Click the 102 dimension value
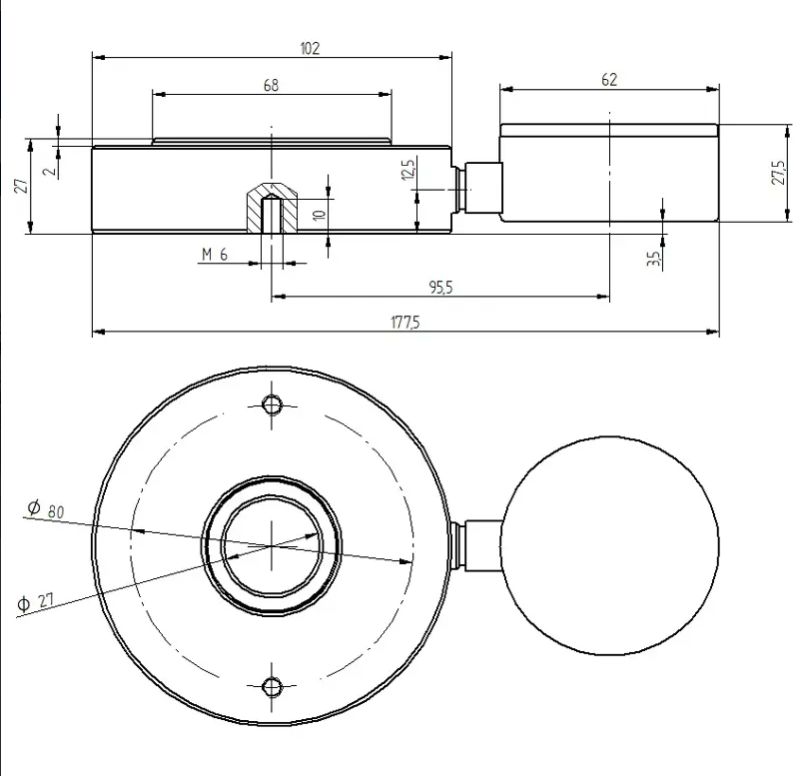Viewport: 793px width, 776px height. tap(310, 49)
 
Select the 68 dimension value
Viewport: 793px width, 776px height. tap(271, 85)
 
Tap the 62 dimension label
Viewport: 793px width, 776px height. tap(609, 80)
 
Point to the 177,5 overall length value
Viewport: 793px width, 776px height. tap(405, 323)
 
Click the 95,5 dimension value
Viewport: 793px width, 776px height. tap(441, 288)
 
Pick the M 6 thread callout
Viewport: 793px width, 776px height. tap(215, 254)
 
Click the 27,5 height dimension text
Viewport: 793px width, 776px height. tap(779, 172)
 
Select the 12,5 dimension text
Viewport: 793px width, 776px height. tap(408, 170)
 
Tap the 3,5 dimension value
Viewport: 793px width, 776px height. tap(653, 259)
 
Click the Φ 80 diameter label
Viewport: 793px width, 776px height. tap(46, 509)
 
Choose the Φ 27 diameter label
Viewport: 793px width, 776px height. tap(35, 602)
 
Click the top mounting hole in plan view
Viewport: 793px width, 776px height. tap(272, 404)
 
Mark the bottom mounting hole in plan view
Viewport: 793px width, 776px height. tap(272, 686)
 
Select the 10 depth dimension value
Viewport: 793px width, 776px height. tap(319, 215)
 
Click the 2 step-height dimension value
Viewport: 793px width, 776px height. tap(50, 172)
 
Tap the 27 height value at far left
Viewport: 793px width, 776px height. tap(21, 185)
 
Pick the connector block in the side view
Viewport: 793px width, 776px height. tap(483, 188)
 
